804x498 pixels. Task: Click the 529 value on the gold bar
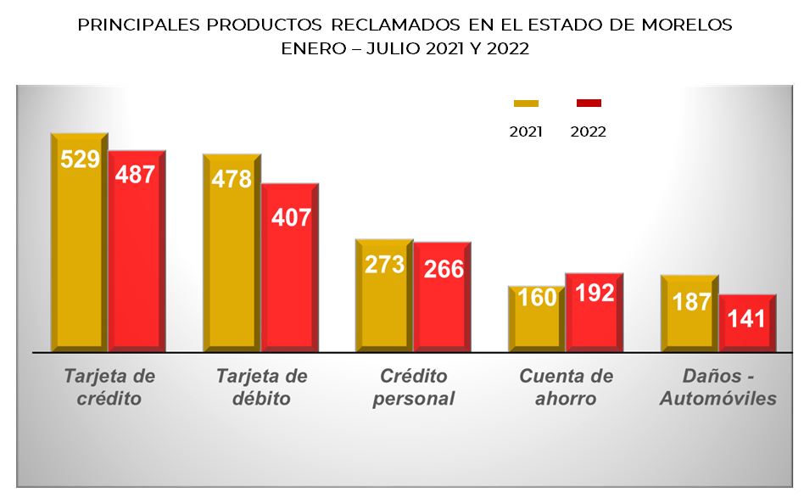[x=80, y=159]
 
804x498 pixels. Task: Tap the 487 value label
[x=137, y=175]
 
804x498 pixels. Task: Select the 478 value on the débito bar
[x=232, y=179]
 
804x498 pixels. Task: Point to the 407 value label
[x=290, y=216]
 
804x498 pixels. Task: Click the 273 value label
[x=384, y=264]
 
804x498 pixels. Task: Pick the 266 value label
[x=443, y=269]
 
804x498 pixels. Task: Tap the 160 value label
[x=537, y=298]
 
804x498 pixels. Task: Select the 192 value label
[x=595, y=293]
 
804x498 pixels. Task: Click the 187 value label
[x=690, y=300]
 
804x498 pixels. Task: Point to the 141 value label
[x=747, y=319]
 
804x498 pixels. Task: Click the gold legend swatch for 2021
[x=526, y=104]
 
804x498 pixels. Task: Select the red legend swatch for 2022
[x=589, y=104]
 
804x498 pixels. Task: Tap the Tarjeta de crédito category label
[x=109, y=387]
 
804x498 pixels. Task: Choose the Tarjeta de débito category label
[x=261, y=387]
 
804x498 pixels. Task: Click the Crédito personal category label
[x=413, y=387]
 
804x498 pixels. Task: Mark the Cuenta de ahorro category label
[x=566, y=387]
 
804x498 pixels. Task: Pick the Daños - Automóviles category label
[x=717, y=387]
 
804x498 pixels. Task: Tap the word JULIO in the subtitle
[x=393, y=48]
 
